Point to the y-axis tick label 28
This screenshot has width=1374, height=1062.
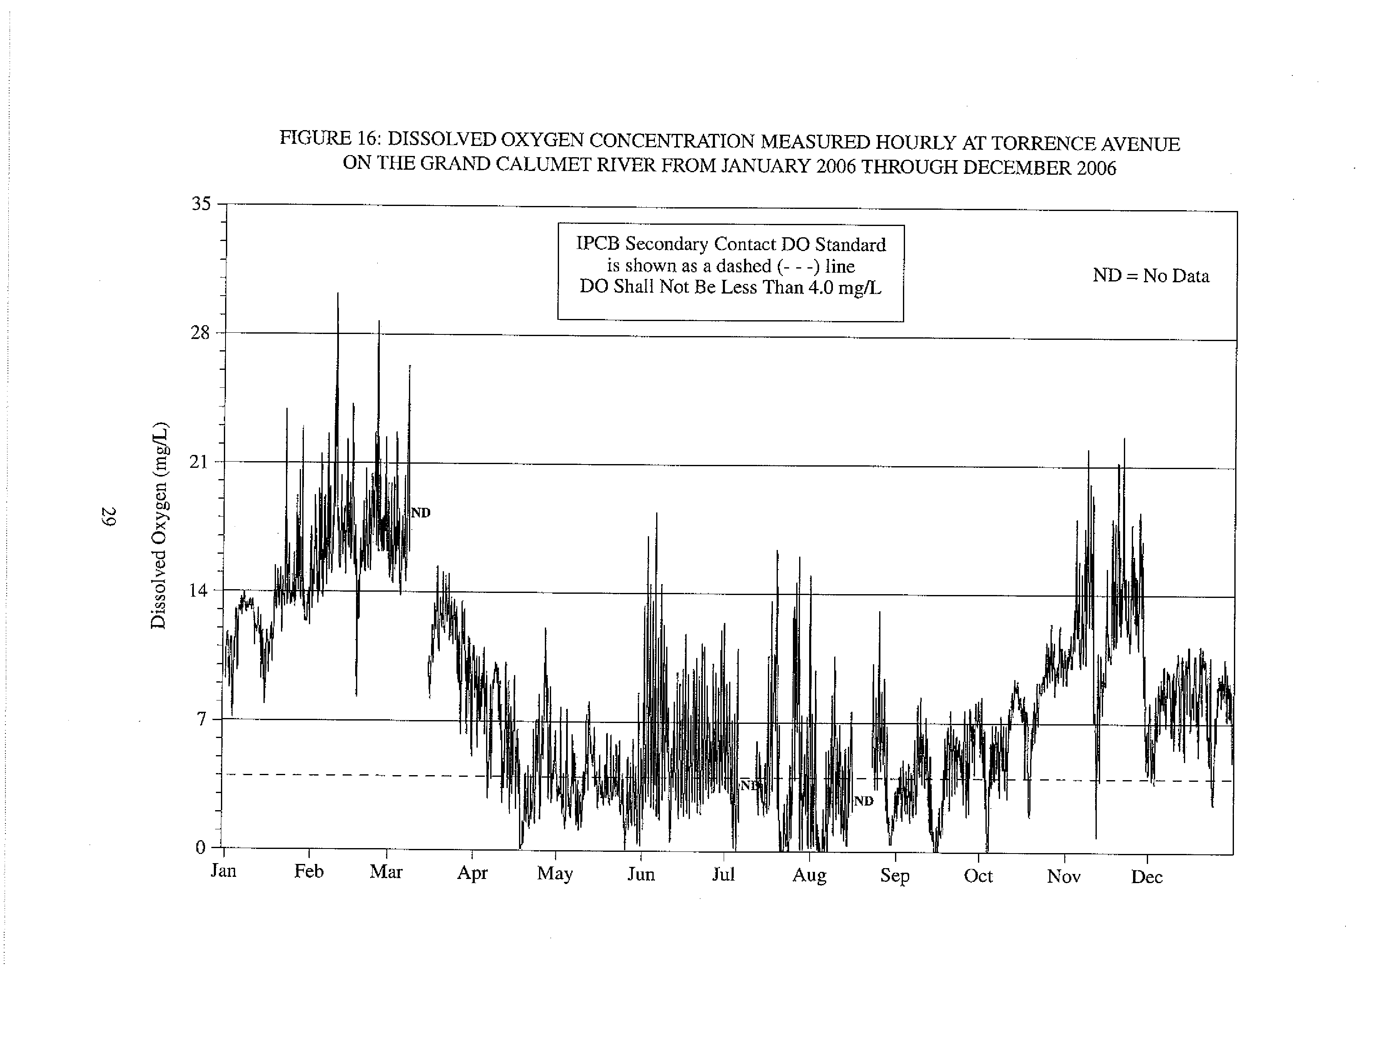200,332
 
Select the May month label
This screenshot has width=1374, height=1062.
555,874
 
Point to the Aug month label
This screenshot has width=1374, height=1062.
809,876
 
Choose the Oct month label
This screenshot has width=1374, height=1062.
978,876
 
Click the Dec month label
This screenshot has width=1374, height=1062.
1147,877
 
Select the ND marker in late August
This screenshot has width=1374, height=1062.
864,801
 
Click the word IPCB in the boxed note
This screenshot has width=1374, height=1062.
598,244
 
